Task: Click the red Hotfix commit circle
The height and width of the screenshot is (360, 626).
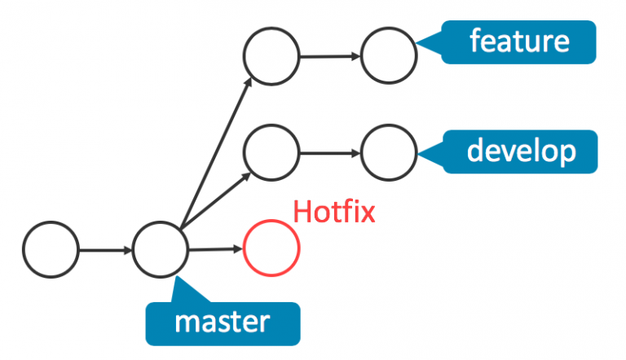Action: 244,248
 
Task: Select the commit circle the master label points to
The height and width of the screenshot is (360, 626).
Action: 133,249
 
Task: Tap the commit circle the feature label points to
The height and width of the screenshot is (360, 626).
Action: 361,55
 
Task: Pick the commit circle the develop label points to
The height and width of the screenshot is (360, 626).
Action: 361,152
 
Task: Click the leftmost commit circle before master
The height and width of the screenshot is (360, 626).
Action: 23,249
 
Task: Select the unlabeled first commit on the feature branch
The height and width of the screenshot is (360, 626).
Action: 244,56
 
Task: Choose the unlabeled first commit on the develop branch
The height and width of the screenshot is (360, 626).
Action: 244,152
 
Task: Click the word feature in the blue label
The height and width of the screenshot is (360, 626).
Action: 519,41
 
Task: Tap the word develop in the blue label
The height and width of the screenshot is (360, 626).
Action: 521,151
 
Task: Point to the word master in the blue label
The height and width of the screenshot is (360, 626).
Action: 223,322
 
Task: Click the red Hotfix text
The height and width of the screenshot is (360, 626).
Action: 334,212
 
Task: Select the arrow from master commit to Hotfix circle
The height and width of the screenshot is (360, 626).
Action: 215,249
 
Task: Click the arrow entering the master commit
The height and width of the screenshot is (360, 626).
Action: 106,250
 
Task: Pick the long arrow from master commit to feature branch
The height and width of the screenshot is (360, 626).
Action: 216,153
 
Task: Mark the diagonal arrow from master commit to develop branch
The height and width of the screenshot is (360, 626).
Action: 215,201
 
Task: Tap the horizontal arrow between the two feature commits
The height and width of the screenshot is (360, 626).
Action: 330,56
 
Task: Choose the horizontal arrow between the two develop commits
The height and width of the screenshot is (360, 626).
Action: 330,153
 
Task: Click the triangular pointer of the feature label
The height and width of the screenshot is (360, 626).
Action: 430,42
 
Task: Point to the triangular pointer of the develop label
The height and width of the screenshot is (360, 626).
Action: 430,152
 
